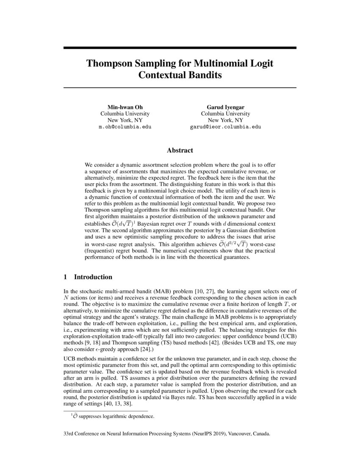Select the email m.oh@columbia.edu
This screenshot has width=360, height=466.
pyautogui.click(x=125, y=127)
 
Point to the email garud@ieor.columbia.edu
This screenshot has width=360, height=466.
pyautogui.click(x=225, y=127)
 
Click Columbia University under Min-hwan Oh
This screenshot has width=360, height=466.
pyautogui.click(x=125, y=114)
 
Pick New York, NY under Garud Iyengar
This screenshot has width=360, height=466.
pyautogui.click(x=225, y=120)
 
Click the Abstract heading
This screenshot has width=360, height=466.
pyautogui.click(x=180, y=150)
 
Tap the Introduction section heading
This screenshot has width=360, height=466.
pyautogui.click(x=93, y=277)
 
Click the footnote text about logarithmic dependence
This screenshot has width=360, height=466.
pyautogui.click(x=112, y=416)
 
